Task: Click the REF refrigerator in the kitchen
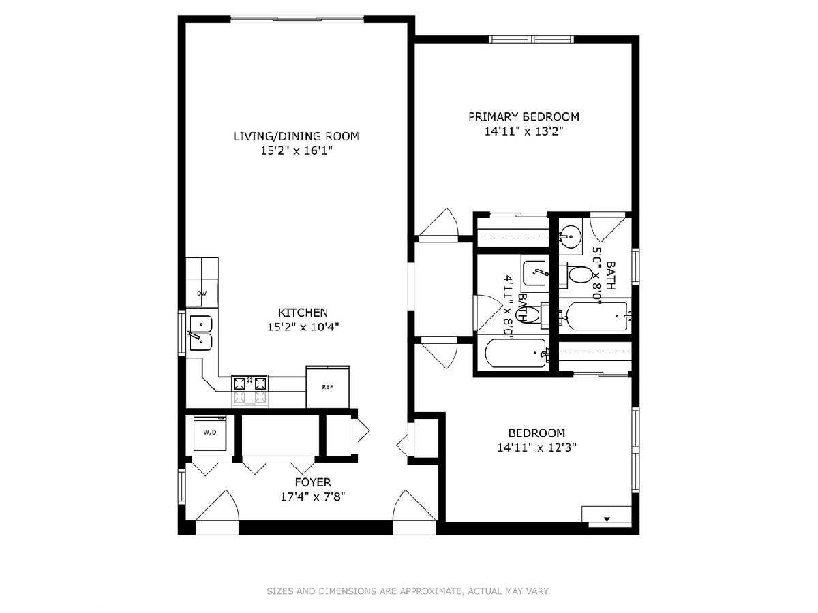pyautogui.click(x=328, y=387)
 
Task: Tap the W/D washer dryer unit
pyautogui.click(x=210, y=433)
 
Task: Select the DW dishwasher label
pyautogui.click(x=202, y=294)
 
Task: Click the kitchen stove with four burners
pyautogui.click(x=249, y=391)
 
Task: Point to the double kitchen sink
pyautogui.click(x=201, y=333)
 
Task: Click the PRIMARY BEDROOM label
pyautogui.click(x=524, y=117)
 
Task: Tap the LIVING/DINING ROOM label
pyautogui.click(x=297, y=136)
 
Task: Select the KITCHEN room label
pyautogui.click(x=303, y=312)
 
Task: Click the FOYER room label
pyautogui.click(x=313, y=482)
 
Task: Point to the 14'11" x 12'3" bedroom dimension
pyautogui.click(x=536, y=447)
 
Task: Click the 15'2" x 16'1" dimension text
pyautogui.click(x=297, y=151)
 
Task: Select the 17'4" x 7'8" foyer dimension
pyautogui.click(x=313, y=497)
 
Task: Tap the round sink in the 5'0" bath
pyautogui.click(x=570, y=236)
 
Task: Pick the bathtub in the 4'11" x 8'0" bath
pyautogui.click(x=516, y=353)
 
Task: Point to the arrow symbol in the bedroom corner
pyautogui.click(x=607, y=518)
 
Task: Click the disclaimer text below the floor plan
pyautogui.click(x=408, y=591)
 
